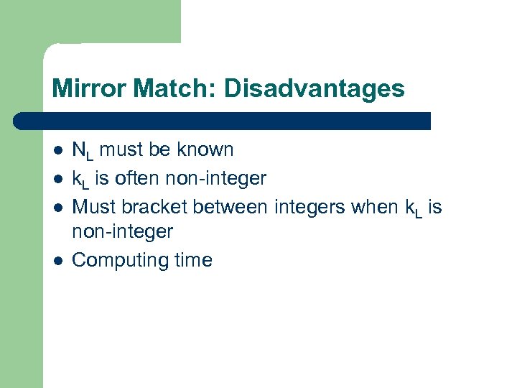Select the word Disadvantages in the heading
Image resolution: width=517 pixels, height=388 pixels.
pyautogui.click(x=314, y=89)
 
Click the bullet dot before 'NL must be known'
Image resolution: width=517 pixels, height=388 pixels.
pyautogui.click(x=57, y=151)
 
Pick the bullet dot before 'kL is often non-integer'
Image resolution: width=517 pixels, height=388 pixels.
pyautogui.click(x=57, y=178)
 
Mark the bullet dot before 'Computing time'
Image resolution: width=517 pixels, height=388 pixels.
pyautogui.click(x=57, y=260)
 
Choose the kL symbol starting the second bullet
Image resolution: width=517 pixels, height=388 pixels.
pyautogui.click(x=82, y=178)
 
